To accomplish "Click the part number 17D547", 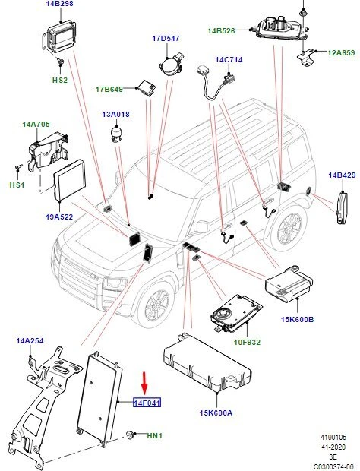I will pos(165,38).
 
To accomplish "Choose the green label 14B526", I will pos(222,30).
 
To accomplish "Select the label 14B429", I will pos(342,175).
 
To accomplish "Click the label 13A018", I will pos(115,115).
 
